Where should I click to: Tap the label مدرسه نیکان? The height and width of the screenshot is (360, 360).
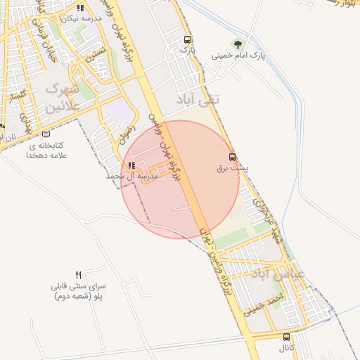coord(82,18)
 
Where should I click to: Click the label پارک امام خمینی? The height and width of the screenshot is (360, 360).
coord(237,54)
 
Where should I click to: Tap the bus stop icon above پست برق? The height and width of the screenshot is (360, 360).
coord(232,157)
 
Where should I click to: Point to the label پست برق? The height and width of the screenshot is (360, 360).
coord(232,169)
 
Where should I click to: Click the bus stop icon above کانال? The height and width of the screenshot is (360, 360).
coord(285,337)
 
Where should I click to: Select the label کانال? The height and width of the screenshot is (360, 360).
coord(285,348)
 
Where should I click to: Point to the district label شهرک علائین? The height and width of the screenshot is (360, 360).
coord(62,98)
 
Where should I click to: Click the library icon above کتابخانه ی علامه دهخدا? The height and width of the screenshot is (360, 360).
coord(46,134)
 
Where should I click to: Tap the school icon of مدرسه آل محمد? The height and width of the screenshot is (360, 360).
coord(131,166)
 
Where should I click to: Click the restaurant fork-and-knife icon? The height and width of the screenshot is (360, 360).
coord(79,275)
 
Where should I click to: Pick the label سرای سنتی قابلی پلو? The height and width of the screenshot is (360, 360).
coord(79,292)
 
